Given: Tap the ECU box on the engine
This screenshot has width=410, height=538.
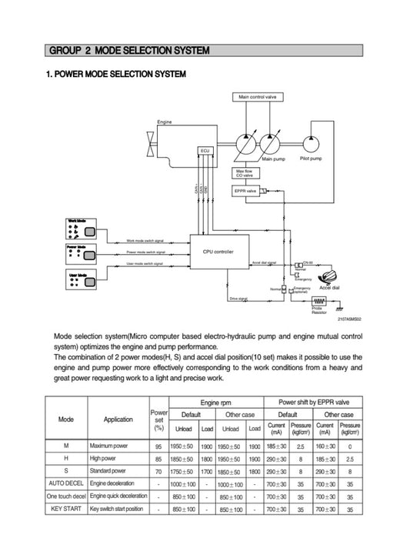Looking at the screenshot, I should point(205,150).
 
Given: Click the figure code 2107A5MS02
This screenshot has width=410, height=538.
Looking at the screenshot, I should point(347,319).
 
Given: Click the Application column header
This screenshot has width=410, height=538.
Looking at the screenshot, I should point(118,419).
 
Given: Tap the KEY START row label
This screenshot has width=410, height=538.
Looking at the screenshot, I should point(66,509).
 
